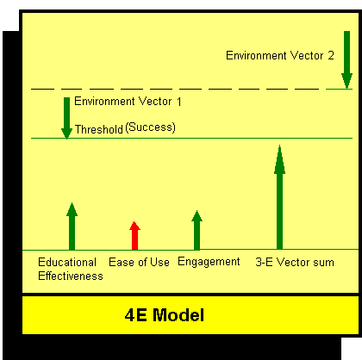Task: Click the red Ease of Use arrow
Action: click(x=134, y=236)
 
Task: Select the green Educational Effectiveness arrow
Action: click(x=72, y=227)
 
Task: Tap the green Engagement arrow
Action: click(x=197, y=230)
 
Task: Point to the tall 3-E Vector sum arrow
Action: click(x=279, y=197)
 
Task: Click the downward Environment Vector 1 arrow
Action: click(x=66, y=118)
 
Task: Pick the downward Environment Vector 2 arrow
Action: click(x=346, y=60)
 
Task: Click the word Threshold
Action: click(x=99, y=129)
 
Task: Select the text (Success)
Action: click(x=150, y=127)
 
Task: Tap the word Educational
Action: click(x=67, y=262)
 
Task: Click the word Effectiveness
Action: click(x=71, y=276)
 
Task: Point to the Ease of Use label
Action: click(x=139, y=262)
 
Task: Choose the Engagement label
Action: click(x=209, y=262)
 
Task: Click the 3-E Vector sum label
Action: click(x=295, y=262)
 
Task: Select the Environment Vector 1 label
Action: click(x=128, y=102)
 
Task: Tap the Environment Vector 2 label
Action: click(x=280, y=55)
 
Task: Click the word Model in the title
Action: click(x=178, y=315)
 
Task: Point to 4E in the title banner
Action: click(x=136, y=315)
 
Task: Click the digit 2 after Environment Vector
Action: click(x=331, y=55)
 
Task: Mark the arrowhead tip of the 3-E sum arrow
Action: click(x=279, y=145)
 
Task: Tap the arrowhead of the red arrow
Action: click(x=134, y=226)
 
